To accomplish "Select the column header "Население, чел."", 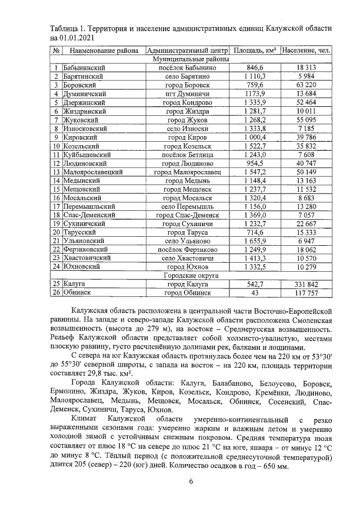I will pyautogui.click(x=307, y=51).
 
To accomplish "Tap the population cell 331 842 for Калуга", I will pyautogui.click(x=307, y=285).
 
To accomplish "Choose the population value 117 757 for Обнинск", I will pyautogui.click(x=307, y=293).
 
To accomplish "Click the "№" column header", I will pyautogui.click(x=56, y=51).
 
